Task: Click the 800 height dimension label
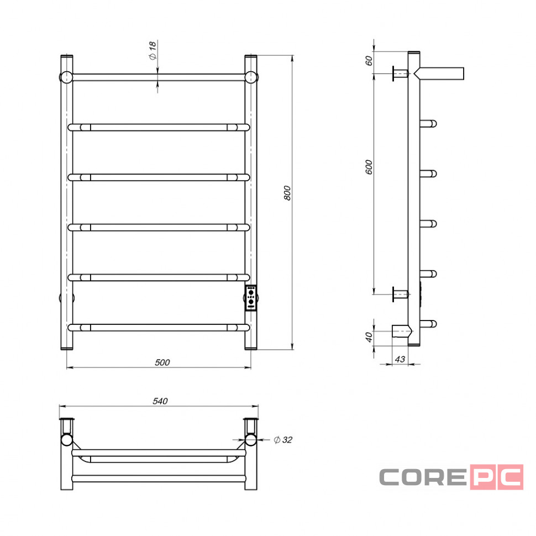(x=287, y=193)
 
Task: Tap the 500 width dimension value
(x=162, y=362)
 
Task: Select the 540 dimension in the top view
(x=160, y=401)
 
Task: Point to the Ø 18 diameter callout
(x=153, y=50)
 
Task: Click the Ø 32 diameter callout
(x=283, y=440)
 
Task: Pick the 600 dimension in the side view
(x=369, y=167)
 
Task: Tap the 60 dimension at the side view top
(x=369, y=61)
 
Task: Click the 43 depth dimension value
(x=400, y=359)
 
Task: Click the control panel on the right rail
(x=251, y=298)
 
